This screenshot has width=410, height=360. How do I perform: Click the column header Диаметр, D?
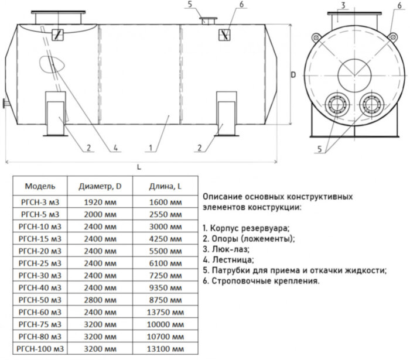point(100,187)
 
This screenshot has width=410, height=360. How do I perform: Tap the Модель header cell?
point(40,187)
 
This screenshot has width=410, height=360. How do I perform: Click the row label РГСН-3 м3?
point(40,202)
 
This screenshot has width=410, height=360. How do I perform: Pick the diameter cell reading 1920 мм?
point(100,202)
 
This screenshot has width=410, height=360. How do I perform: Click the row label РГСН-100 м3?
point(40,349)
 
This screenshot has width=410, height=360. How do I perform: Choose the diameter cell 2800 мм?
point(100,300)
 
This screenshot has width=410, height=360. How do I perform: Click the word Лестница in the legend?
point(233,259)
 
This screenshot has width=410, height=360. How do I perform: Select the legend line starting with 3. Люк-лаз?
point(225,249)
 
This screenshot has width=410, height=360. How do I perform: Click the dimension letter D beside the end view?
point(293,75)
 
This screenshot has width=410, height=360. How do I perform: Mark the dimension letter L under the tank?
point(139,167)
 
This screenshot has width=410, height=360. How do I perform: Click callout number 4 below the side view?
point(116,148)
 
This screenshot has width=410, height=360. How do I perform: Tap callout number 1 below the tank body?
point(152,148)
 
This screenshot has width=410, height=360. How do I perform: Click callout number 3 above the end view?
point(344,5)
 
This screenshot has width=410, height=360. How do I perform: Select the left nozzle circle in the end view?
point(334,104)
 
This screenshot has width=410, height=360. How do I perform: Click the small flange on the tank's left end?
point(5,105)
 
